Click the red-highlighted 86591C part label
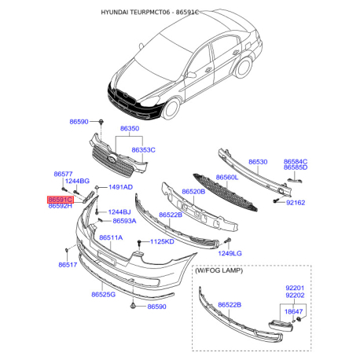61,200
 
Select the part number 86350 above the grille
130,128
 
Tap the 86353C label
143,150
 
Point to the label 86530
258,162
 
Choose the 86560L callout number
227,178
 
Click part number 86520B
193,192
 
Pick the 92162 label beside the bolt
296,203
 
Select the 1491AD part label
121,187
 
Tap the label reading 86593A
124,221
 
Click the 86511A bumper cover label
111,237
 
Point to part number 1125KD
162,241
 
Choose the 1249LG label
230,253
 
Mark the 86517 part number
68,265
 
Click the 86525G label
104,295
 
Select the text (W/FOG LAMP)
219,270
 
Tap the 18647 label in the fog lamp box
293,311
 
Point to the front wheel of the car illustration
171,108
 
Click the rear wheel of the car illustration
244,68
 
